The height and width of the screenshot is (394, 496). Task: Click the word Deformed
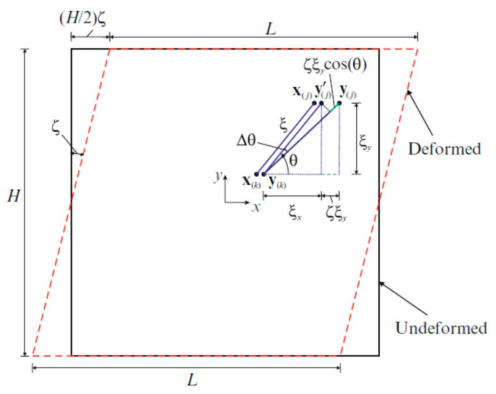coord(444,149)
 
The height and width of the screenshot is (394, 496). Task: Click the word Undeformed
coord(441,328)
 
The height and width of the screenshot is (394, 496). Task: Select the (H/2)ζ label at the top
coord(83,19)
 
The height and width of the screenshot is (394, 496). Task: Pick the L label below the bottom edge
coord(192,380)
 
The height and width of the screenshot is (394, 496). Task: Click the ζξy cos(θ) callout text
coord(335,65)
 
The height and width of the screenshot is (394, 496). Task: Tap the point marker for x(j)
coord(314,103)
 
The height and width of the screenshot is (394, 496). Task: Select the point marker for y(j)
coord(339,103)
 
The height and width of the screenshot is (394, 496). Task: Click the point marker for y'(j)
coord(321,103)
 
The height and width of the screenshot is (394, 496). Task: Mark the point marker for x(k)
coord(256,174)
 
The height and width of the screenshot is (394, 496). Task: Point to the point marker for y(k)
coord(263,174)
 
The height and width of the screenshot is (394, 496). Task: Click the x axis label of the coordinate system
coord(256,207)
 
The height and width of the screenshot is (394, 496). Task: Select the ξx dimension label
coord(295,213)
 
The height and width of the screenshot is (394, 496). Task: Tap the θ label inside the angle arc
coord(293,160)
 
